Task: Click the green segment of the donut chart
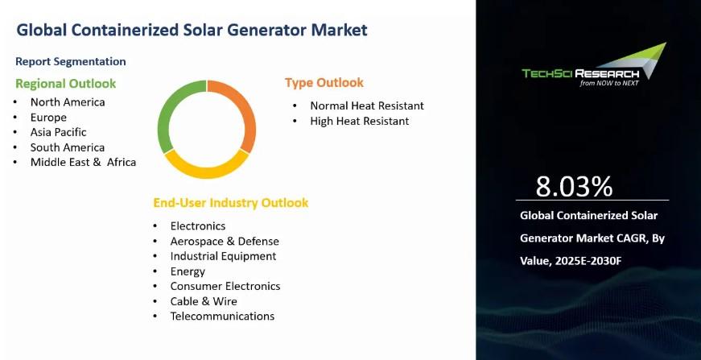click(x=163, y=117)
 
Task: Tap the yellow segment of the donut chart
click(x=207, y=172)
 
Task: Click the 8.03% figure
click(x=574, y=187)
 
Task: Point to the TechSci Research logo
click(x=594, y=66)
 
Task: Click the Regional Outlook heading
click(x=66, y=84)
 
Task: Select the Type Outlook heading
click(x=324, y=83)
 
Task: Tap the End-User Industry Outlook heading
click(x=231, y=203)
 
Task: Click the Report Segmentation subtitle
click(x=71, y=61)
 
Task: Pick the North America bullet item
click(x=68, y=102)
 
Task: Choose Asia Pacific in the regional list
click(x=58, y=132)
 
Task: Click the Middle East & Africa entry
click(x=83, y=162)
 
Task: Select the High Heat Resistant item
click(x=360, y=121)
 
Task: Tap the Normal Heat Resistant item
click(x=367, y=106)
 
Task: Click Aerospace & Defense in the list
click(x=225, y=241)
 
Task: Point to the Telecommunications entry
click(x=222, y=317)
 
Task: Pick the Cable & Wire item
click(x=204, y=301)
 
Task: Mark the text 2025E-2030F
click(x=588, y=261)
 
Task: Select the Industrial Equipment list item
click(x=223, y=256)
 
